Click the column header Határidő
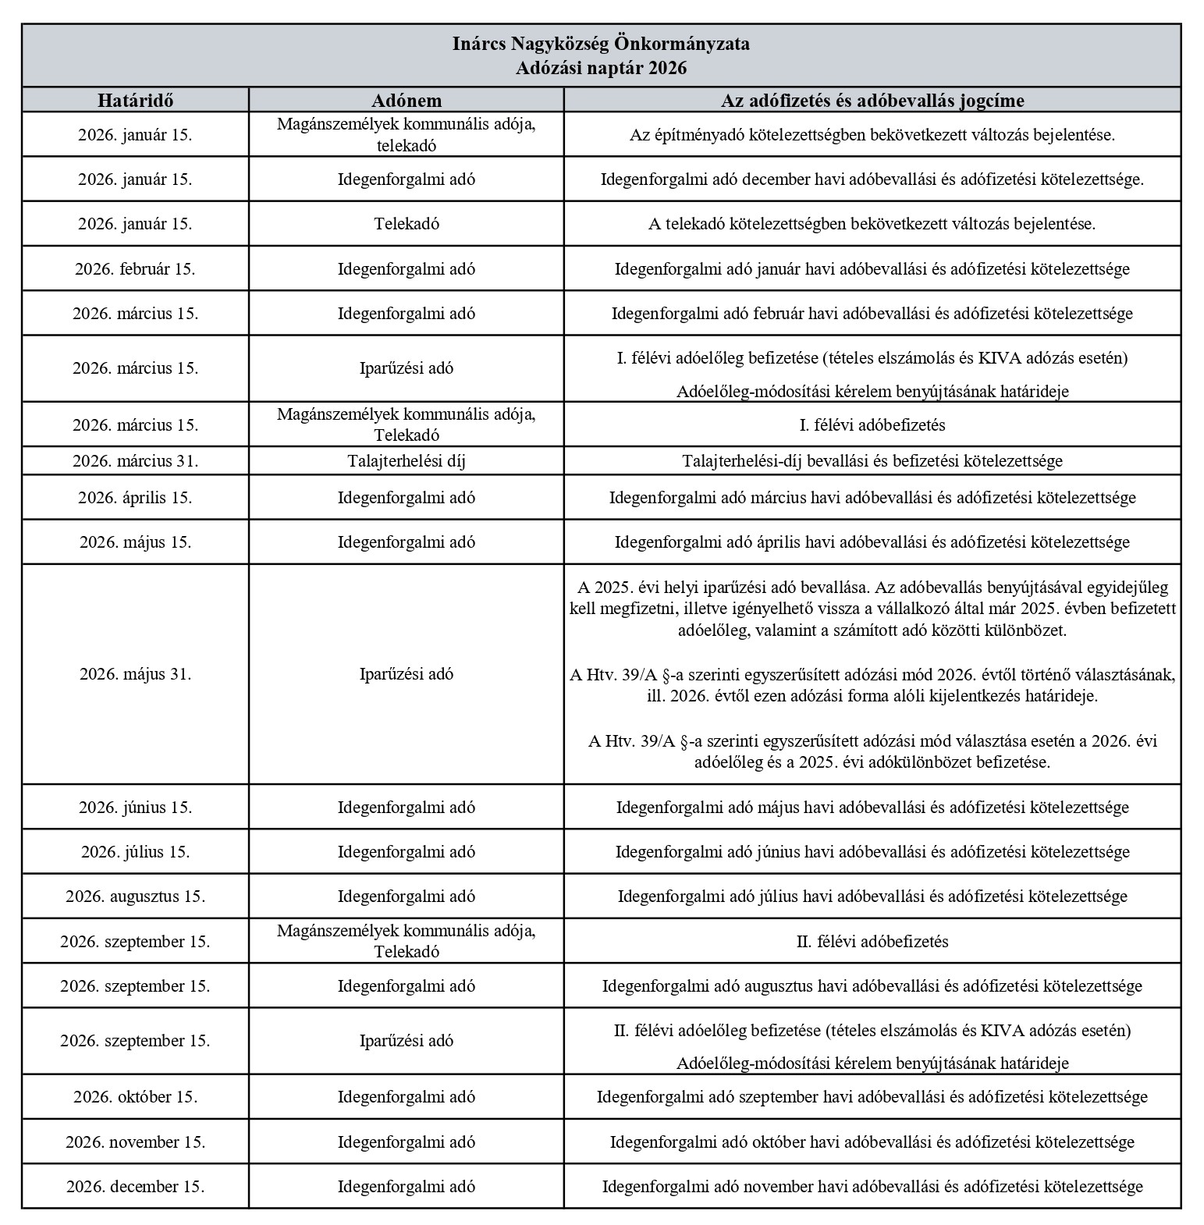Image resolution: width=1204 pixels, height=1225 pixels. (x=135, y=101)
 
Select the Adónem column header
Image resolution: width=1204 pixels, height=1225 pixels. (x=406, y=101)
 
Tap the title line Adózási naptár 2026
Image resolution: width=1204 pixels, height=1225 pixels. (x=601, y=68)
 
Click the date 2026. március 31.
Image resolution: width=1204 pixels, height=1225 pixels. (x=135, y=461)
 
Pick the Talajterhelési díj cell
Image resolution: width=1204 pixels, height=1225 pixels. (x=406, y=461)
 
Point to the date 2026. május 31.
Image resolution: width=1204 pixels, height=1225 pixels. (x=135, y=674)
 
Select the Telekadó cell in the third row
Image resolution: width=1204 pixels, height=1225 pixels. (x=406, y=224)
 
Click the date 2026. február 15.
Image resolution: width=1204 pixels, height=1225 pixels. (x=135, y=269)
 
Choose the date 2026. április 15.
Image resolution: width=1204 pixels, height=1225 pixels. (x=135, y=498)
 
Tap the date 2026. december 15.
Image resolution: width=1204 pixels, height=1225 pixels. (x=135, y=1187)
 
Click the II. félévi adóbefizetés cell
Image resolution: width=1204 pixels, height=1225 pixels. (x=872, y=942)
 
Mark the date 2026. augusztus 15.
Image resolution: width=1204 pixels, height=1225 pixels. (x=135, y=897)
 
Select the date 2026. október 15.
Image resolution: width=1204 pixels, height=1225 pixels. (x=135, y=1097)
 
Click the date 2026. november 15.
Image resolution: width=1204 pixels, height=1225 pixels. (x=135, y=1142)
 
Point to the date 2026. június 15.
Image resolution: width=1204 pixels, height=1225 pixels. (x=135, y=808)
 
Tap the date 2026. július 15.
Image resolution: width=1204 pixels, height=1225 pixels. (x=135, y=852)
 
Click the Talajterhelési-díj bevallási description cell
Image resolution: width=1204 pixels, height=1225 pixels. (x=872, y=461)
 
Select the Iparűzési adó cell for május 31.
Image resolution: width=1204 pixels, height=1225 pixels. (x=406, y=674)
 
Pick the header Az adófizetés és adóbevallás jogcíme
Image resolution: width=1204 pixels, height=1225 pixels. (x=872, y=101)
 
